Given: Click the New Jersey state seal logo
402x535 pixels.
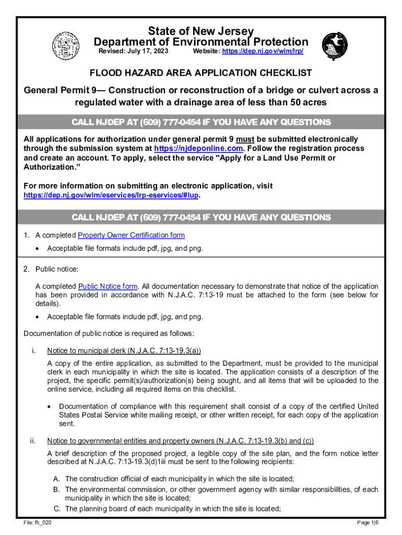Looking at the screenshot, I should [65, 45].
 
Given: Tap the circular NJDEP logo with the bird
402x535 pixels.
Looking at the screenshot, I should [334, 45].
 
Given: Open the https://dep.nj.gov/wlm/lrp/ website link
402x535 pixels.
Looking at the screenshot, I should [263, 52].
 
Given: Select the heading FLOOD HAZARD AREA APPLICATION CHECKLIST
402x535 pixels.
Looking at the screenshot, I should [200, 73].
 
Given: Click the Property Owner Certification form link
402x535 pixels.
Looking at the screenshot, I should [131, 236].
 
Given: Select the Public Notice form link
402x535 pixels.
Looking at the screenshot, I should [108, 286].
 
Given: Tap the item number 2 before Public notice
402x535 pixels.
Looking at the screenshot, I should [26, 269].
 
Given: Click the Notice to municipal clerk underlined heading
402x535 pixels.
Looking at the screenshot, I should [124, 351].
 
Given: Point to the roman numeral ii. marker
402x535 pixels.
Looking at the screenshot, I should [31, 440].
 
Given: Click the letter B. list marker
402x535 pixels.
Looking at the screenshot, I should [56, 490].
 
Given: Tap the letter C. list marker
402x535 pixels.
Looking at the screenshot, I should [56, 508].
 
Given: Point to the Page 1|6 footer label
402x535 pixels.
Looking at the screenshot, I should [368, 523].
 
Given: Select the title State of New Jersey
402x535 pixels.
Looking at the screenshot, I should [201, 31].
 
